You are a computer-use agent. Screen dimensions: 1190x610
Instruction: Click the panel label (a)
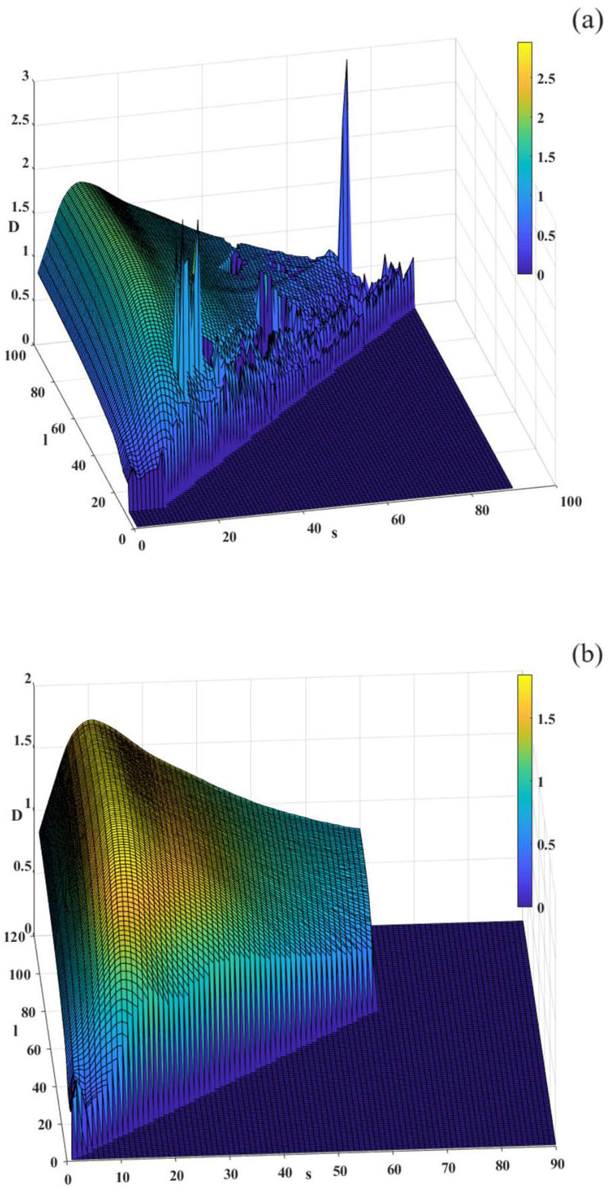coord(585,21)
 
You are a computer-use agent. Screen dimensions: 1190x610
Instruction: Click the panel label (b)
coord(585,655)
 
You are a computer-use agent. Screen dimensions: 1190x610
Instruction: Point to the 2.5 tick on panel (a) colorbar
coord(546,80)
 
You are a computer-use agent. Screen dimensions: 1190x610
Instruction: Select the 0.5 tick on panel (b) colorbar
coord(546,845)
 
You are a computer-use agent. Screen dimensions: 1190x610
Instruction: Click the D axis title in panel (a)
coord(13,227)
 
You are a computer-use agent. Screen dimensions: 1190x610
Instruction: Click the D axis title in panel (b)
coord(17,815)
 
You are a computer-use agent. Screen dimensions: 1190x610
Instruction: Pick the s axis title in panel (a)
coord(334,532)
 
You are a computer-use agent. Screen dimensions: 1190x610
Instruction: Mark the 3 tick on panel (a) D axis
coord(25,77)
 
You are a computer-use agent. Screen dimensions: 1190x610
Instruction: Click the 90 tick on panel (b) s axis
coord(557,1163)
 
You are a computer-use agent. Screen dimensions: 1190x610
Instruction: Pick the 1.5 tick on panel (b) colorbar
coord(546,720)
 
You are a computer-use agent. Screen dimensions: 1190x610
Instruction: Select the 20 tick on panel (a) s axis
coord(229,536)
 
